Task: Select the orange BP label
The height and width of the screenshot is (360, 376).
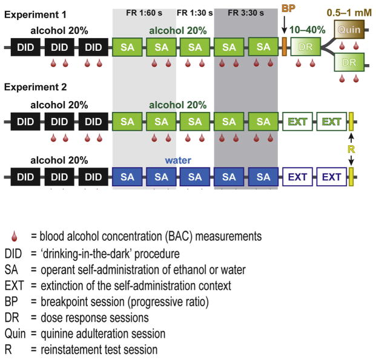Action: pyautogui.click(x=287, y=10)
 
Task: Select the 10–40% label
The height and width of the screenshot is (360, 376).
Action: pyautogui.click(x=309, y=29)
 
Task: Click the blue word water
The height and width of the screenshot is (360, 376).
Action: pyautogui.click(x=177, y=162)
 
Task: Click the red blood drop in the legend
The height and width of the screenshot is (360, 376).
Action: pyautogui.click(x=8, y=236)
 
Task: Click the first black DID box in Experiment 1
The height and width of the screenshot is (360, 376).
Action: pyautogui.click(x=26, y=46)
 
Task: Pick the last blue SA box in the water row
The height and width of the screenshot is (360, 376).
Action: pyautogui.click(x=262, y=177)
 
